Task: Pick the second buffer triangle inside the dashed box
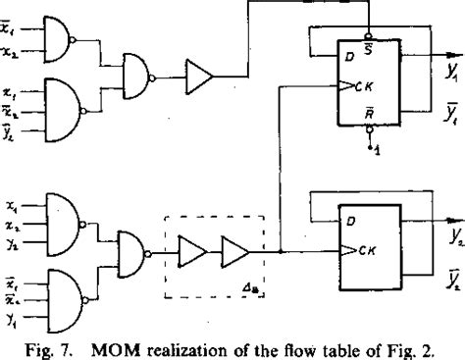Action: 235,254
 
